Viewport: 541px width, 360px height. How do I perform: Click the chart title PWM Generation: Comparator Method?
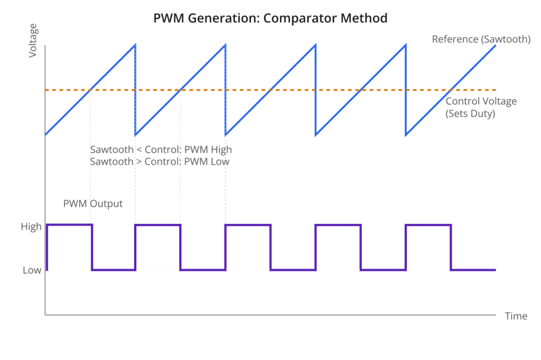click(x=270, y=18)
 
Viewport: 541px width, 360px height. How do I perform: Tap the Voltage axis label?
click(x=33, y=40)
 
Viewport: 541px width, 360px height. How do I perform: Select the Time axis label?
click(x=516, y=316)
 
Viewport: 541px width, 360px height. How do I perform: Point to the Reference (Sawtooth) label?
click(x=481, y=39)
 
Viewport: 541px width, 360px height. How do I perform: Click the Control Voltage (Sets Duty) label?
click(x=481, y=107)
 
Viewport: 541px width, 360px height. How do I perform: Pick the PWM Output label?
click(x=93, y=203)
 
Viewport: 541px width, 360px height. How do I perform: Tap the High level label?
click(x=31, y=226)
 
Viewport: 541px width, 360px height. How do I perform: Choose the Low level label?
click(x=32, y=270)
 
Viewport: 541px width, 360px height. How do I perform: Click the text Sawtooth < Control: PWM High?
click(x=161, y=150)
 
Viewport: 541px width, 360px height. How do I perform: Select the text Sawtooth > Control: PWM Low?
click(x=160, y=162)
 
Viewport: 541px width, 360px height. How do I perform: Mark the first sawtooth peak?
click(x=135, y=45)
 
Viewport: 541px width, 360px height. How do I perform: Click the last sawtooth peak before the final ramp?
click(x=406, y=45)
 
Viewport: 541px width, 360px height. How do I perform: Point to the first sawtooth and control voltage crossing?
click(x=90, y=90)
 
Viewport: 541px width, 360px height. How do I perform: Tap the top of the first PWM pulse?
click(x=69, y=225)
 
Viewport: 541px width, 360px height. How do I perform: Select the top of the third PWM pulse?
click(x=248, y=225)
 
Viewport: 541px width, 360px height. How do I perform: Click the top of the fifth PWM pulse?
click(x=428, y=225)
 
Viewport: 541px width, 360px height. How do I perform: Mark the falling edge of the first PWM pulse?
click(x=92, y=247)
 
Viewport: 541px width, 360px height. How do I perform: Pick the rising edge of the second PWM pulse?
click(x=135, y=247)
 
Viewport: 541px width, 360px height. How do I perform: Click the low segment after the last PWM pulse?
click(x=473, y=270)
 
